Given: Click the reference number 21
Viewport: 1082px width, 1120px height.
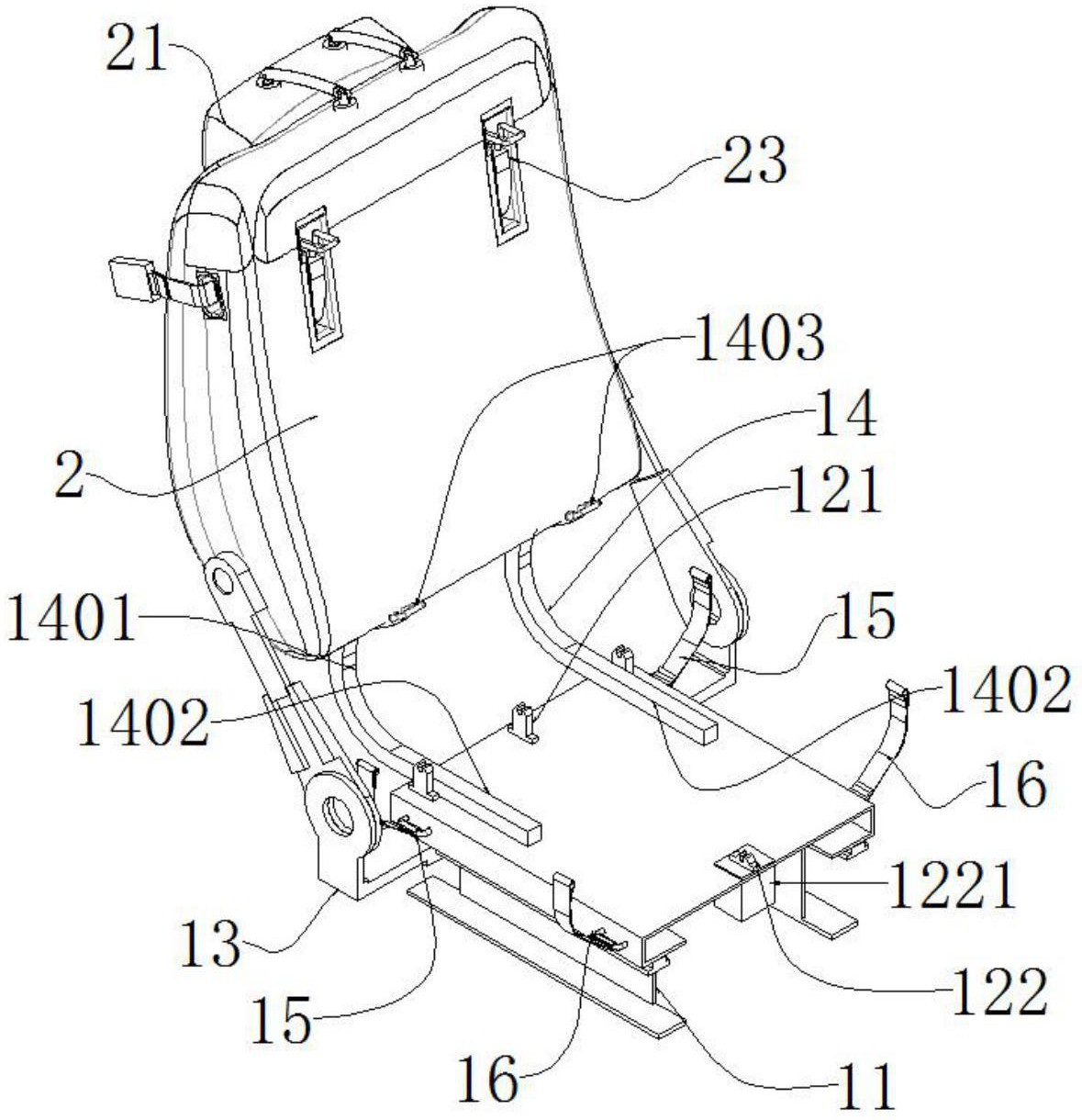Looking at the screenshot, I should [x=139, y=50].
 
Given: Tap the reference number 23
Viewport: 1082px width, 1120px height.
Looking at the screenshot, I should [x=753, y=161].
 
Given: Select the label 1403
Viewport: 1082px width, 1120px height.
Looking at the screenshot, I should [x=759, y=339].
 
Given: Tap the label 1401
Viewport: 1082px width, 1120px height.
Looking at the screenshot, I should [x=71, y=621].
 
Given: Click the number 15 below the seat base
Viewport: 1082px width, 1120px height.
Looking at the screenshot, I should [x=281, y=1020].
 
